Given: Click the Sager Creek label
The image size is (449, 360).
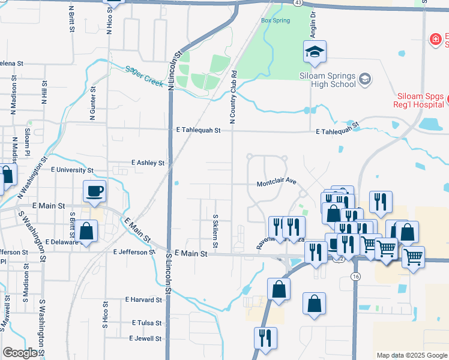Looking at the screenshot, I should tap(143, 76).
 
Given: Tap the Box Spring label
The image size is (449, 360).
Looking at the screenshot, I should tap(276, 20).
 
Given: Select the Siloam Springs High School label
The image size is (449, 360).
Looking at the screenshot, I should tap(328, 80).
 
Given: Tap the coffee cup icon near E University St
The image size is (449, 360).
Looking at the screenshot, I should tap(95, 191).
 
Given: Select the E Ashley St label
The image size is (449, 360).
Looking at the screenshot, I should tap(148, 163).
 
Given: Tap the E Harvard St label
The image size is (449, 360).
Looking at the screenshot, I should tap(144, 299).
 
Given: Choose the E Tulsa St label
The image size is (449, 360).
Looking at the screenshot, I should tap(146, 323).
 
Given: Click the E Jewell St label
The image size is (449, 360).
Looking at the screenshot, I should tap(145, 338).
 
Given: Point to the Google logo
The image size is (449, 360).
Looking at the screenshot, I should tap(20, 353).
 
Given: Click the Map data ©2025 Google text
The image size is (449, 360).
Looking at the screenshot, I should tap(411, 355).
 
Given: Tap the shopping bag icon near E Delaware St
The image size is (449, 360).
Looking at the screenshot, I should tap(86, 231).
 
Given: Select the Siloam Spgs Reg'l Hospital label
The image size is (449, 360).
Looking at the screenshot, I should tap(421, 101).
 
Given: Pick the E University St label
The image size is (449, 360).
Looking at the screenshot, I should tap(70, 170).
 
